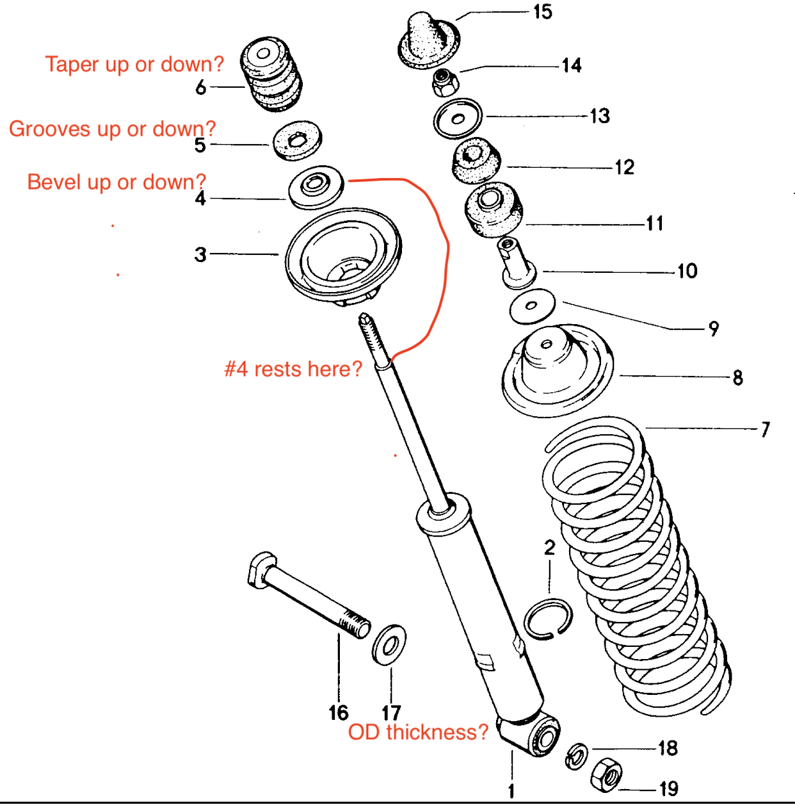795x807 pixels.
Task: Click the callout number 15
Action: click(x=542, y=12)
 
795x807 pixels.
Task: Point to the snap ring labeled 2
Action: click(x=548, y=619)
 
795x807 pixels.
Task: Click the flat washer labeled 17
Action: click(x=389, y=645)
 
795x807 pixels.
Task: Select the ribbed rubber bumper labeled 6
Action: click(x=271, y=74)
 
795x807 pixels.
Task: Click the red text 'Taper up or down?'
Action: click(x=134, y=64)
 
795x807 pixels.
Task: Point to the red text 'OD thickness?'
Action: click(x=418, y=732)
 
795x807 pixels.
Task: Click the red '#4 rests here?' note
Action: click(x=293, y=369)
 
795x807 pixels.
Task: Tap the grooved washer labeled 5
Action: click(x=298, y=140)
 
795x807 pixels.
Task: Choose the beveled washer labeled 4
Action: click(x=316, y=186)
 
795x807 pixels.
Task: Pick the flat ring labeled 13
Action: click(x=458, y=118)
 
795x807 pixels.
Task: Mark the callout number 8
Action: click(x=738, y=377)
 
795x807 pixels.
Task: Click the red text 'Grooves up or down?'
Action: click(x=112, y=129)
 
